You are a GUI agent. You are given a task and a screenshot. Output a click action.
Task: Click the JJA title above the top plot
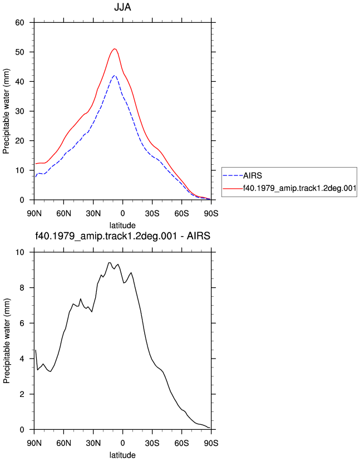click(x=122, y=7)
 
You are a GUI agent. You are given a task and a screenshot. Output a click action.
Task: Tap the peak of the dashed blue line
click(x=115, y=75)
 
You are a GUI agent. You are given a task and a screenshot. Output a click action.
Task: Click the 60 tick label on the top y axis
click(x=19, y=22)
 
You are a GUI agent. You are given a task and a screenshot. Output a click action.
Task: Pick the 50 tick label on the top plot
click(x=19, y=52)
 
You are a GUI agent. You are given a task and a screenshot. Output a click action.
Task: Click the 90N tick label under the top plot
click(x=34, y=213)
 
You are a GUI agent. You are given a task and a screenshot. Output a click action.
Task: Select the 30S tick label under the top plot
click(x=152, y=213)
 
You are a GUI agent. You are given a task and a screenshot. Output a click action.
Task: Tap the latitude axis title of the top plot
click(x=122, y=225)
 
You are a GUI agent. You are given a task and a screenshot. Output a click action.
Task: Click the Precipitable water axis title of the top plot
click(x=6, y=111)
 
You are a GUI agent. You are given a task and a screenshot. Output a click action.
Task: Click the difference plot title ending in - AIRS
click(x=122, y=236)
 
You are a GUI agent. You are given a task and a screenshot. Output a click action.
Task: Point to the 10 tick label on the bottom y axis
click(x=19, y=252)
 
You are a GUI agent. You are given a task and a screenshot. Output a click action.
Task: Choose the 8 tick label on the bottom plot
click(x=22, y=288)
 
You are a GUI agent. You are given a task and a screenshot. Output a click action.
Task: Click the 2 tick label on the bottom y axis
click(x=22, y=394)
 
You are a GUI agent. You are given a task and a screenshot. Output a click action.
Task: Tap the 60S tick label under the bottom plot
click(x=181, y=443)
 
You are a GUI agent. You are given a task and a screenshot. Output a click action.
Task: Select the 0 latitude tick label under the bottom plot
click(x=122, y=443)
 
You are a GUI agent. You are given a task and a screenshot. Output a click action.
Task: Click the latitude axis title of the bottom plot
click(x=122, y=455)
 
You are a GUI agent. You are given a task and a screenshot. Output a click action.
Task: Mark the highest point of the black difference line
click(x=109, y=263)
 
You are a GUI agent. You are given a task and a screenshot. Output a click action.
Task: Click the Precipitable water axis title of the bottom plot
click(x=6, y=341)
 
